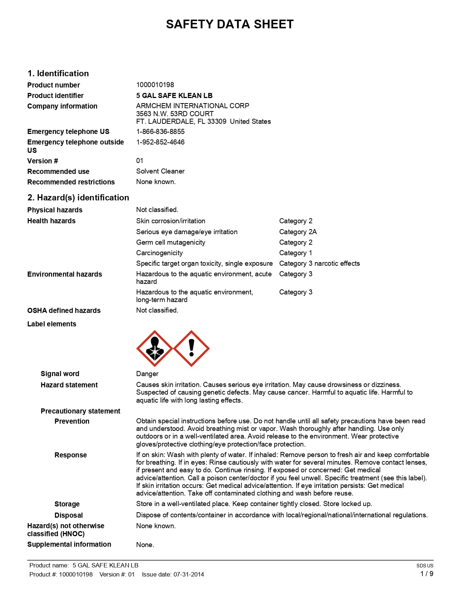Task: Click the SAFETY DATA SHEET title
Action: click(230, 24)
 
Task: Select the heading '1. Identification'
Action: click(58, 73)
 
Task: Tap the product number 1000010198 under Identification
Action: click(155, 85)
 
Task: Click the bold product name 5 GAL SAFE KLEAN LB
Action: click(174, 95)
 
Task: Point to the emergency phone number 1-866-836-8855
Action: click(160, 131)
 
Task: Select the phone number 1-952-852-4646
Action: click(160, 142)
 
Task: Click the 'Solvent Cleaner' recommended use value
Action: click(160, 171)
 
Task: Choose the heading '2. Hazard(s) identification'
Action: click(78, 197)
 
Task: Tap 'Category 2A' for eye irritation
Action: click(298, 232)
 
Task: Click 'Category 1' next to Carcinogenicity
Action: click(295, 253)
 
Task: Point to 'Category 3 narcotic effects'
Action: click(319, 264)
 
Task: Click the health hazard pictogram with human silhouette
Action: click(155, 349)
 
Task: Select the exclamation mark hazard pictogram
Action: click(191, 349)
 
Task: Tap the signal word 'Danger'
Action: click(147, 374)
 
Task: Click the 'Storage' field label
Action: click(67, 504)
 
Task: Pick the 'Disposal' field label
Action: click(68, 515)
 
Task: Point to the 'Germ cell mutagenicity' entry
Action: click(171, 243)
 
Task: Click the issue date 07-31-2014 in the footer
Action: click(188, 574)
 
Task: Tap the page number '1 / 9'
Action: click(427, 574)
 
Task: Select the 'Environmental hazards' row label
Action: click(65, 274)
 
